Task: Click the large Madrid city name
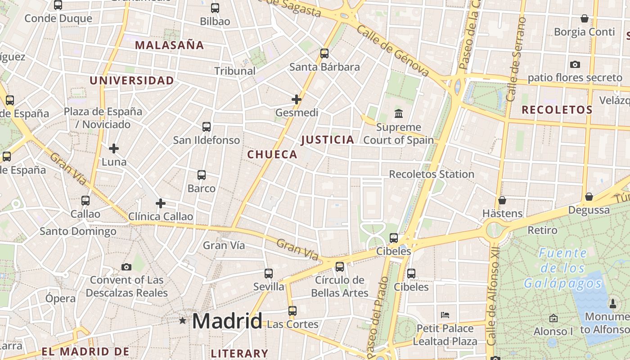pos(227,321)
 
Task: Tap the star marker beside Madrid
pos(182,321)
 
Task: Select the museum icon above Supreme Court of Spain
pos(398,113)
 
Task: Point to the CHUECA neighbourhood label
pos(272,154)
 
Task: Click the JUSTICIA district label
pos(327,139)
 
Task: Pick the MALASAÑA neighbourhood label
pos(169,45)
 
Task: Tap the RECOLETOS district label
pos(557,109)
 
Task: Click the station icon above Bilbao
pos(215,8)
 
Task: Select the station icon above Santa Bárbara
pos(324,54)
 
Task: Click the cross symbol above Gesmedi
pos(297,99)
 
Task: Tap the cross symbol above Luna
pos(114,148)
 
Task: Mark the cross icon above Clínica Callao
pos(161,203)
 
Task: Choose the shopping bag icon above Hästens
pos(502,200)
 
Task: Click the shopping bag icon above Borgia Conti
pos(584,18)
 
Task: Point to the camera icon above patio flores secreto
pos(575,64)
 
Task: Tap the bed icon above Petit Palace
pos(445,315)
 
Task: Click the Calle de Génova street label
pos(393,50)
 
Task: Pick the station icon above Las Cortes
pos(292,310)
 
